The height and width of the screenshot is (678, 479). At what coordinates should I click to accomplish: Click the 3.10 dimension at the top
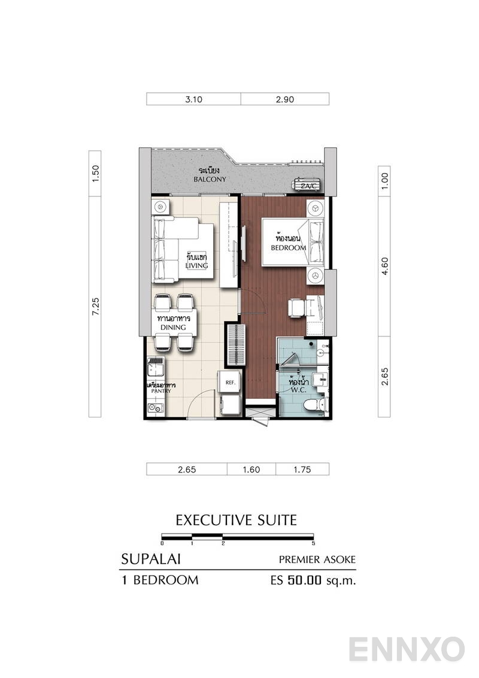(x=193, y=99)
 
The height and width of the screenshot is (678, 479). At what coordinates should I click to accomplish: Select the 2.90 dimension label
(x=285, y=99)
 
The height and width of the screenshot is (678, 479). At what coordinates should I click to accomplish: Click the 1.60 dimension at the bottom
(x=251, y=470)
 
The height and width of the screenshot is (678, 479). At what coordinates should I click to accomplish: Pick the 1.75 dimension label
(x=302, y=470)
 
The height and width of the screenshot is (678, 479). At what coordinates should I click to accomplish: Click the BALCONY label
(x=209, y=179)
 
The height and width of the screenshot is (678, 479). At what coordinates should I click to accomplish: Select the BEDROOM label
(x=289, y=247)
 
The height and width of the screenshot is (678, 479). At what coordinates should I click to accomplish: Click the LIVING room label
(x=197, y=265)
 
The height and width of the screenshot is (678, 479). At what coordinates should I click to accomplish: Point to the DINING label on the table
(x=171, y=328)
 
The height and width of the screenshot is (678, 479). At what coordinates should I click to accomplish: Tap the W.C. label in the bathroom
(x=298, y=390)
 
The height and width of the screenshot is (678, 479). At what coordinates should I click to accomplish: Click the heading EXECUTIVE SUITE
(x=236, y=520)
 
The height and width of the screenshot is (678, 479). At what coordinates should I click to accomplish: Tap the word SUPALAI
(x=151, y=559)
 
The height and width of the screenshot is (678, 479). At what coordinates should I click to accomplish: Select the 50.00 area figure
(x=305, y=580)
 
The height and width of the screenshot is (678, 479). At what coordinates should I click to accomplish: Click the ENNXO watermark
(x=407, y=650)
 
